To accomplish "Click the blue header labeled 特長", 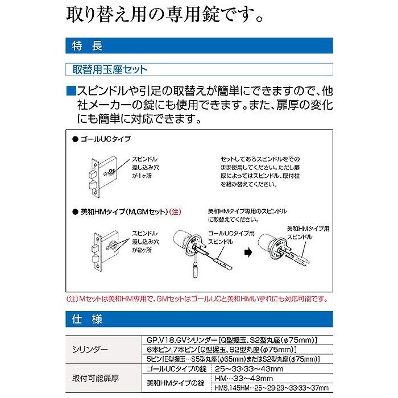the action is pos(199,45).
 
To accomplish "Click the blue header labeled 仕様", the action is pos(199,319).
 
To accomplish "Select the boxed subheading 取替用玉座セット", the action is pos(199,69).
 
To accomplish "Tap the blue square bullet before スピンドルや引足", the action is pos(71,91).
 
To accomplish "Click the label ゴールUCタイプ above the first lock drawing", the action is pos(106,139).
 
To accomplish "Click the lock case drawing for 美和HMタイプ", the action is pos(105,251).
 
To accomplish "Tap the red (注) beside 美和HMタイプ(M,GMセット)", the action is pos(175,212).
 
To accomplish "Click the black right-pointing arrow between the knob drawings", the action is pos(248,252).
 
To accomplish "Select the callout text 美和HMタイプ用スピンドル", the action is pos(308,233).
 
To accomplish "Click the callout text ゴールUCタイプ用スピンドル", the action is pos(231,238).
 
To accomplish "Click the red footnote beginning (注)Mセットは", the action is pos(197,298).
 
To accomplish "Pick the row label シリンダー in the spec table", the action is pos(90,350).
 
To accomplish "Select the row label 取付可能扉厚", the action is pos(96,378).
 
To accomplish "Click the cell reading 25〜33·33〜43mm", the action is pos(249,369).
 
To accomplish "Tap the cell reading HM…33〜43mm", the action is pos(244,379).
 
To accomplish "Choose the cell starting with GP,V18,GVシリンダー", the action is pos(232,340).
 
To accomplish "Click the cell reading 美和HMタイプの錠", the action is pos(176,383).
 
